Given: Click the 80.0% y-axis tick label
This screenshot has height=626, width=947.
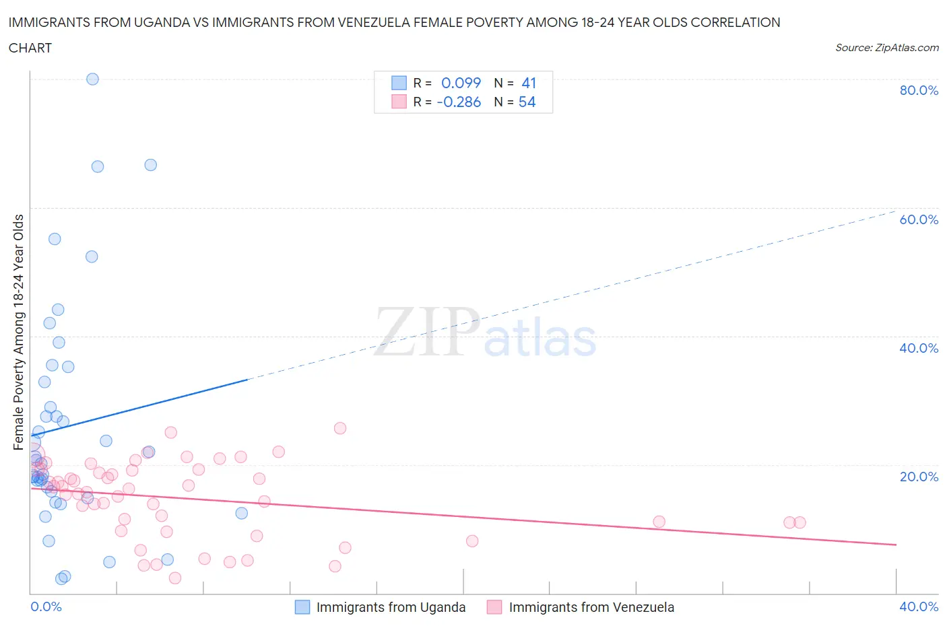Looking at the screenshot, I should pyautogui.click(x=919, y=90).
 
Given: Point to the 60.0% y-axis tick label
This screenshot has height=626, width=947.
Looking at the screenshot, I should pyautogui.click(x=919, y=219).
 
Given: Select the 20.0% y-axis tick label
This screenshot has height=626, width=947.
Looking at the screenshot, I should pyautogui.click(x=919, y=477).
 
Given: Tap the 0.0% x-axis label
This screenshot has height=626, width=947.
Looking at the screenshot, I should pyautogui.click(x=46, y=606).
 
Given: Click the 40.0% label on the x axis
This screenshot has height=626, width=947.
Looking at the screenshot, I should pyautogui.click(x=919, y=606).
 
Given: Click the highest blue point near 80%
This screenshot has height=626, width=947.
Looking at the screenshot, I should pyautogui.click(x=92, y=79).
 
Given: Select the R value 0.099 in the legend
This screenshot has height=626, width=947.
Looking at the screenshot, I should pyautogui.click(x=461, y=83).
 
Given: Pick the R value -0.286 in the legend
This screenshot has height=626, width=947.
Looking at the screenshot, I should pyautogui.click(x=459, y=102).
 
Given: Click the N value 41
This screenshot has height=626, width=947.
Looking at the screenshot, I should pyautogui.click(x=529, y=83).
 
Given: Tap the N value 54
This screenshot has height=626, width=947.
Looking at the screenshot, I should pyautogui.click(x=527, y=102).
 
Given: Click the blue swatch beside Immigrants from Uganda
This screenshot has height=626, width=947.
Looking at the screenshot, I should pyautogui.click(x=302, y=607).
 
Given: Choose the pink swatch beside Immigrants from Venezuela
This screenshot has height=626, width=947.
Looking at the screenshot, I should pyautogui.click(x=494, y=607).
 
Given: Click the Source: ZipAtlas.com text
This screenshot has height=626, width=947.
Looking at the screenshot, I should pyautogui.click(x=886, y=47).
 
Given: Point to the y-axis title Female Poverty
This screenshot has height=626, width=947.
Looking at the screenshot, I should pyautogui.click(x=18, y=332).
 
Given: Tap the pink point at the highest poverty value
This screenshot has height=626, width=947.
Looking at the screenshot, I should pyautogui.click(x=340, y=428).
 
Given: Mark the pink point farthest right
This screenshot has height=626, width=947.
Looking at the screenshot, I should pyautogui.click(x=799, y=522).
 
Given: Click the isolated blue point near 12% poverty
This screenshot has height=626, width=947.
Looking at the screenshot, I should pyautogui.click(x=241, y=513).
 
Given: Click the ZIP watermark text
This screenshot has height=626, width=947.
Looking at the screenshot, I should pyautogui.click(x=427, y=332).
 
